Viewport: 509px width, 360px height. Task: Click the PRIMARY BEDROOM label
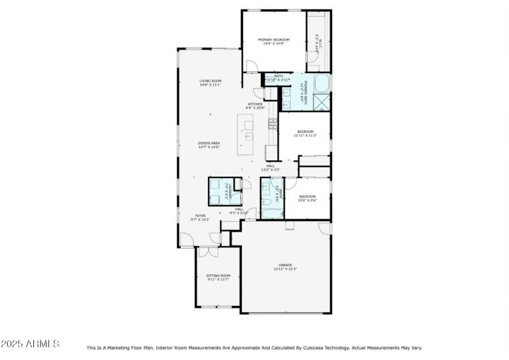pyautogui.click(x=274, y=41)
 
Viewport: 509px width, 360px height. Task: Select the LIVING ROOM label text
pyautogui.click(x=210, y=83)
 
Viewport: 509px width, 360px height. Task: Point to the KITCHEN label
pyautogui.click(x=255, y=106)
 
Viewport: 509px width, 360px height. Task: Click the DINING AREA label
pyautogui.click(x=209, y=145)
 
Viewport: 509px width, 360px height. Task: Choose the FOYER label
pyautogui.click(x=200, y=218)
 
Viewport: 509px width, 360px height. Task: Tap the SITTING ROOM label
pyautogui.click(x=218, y=277)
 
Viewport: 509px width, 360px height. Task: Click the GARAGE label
pyautogui.click(x=285, y=267)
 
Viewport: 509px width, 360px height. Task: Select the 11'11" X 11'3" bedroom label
pyautogui.click(x=305, y=133)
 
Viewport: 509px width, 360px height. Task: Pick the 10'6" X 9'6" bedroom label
pyautogui.click(x=308, y=198)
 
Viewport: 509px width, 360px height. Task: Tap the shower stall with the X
pyautogui.click(x=321, y=102)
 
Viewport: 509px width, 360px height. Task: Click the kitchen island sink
pyautogui.click(x=248, y=135)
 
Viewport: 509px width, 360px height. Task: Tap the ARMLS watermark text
pyautogui.click(x=30, y=344)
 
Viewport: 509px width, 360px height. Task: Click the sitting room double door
pyautogui.click(x=208, y=251)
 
